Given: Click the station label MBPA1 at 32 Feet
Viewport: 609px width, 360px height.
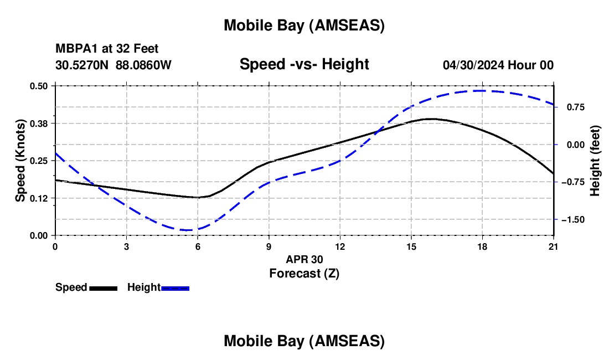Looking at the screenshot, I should [x=107, y=49].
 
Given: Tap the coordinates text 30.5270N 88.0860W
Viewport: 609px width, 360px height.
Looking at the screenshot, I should [x=113, y=65].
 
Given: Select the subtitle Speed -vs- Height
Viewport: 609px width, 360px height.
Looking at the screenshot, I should [x=304, y=64].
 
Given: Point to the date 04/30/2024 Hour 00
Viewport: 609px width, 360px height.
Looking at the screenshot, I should [x=498, y=65].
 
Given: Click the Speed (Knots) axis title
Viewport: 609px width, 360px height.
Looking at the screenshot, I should [x=20, y=161].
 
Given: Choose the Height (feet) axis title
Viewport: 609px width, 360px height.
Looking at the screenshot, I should [x=595, y=161].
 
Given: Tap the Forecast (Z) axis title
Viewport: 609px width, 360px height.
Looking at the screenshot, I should [x=304, y=273].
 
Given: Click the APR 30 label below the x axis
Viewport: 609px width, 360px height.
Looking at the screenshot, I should [x=304, y=259].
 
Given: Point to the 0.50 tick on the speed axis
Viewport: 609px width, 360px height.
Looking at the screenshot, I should [x=39, y=86].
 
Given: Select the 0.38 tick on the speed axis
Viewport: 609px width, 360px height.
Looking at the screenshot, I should [x=39, y=123].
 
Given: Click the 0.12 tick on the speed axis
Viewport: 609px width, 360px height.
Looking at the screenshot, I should [x=39, y=198].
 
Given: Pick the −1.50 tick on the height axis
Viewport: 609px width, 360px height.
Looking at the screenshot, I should [x=574, y=220].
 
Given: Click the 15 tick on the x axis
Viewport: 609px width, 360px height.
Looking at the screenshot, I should [x=411, y=246].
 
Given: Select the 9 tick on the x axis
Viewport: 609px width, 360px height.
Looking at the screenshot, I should [x=269, y=246].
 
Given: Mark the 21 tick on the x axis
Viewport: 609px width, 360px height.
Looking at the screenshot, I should [x=554, y=246].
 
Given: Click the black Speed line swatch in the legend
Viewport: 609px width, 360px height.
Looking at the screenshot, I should [x=103, y=288].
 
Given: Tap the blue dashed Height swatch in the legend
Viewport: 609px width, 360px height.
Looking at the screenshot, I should [x=176, y=288].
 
